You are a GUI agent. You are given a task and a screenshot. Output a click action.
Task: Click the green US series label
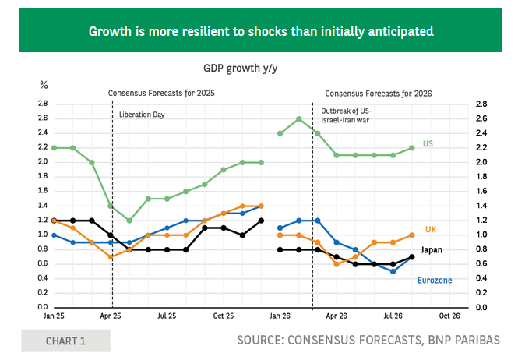click(428, 144)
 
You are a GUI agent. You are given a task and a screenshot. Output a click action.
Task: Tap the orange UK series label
click(431, 229)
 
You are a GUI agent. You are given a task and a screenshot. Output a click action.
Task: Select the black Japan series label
click(432, 250)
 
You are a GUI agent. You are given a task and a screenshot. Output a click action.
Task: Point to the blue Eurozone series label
click(435, 281)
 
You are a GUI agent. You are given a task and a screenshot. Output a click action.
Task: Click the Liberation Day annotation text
click(142, 115)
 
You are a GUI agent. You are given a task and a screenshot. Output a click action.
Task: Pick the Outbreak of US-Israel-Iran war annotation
click(346, 115)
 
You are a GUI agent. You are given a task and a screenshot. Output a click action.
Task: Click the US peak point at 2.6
click(299, 119)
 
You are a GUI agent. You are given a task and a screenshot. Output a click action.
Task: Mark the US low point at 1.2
click(129, 221)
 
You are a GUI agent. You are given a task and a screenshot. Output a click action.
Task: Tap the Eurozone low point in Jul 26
click(393, 271)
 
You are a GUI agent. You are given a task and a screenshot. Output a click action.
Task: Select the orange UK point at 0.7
click(111, 257)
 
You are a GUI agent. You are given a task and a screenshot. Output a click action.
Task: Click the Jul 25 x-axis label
click(167, 316)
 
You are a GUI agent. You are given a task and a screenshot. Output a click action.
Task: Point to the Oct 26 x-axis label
click(449, 316)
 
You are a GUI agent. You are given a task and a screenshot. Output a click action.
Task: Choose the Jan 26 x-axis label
click(280, 316)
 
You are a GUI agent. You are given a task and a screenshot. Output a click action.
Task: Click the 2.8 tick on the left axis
click(43, 104)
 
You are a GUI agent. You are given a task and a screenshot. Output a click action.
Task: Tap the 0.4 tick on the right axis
click(481, 278)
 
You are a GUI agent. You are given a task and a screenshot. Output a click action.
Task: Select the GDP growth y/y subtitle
click(240, 68)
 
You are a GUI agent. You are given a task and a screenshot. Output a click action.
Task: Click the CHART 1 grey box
click(65, 341)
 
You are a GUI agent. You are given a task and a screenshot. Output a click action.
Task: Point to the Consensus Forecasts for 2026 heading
click(379, 94)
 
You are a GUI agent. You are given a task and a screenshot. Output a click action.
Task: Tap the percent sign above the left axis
click(44, 85)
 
